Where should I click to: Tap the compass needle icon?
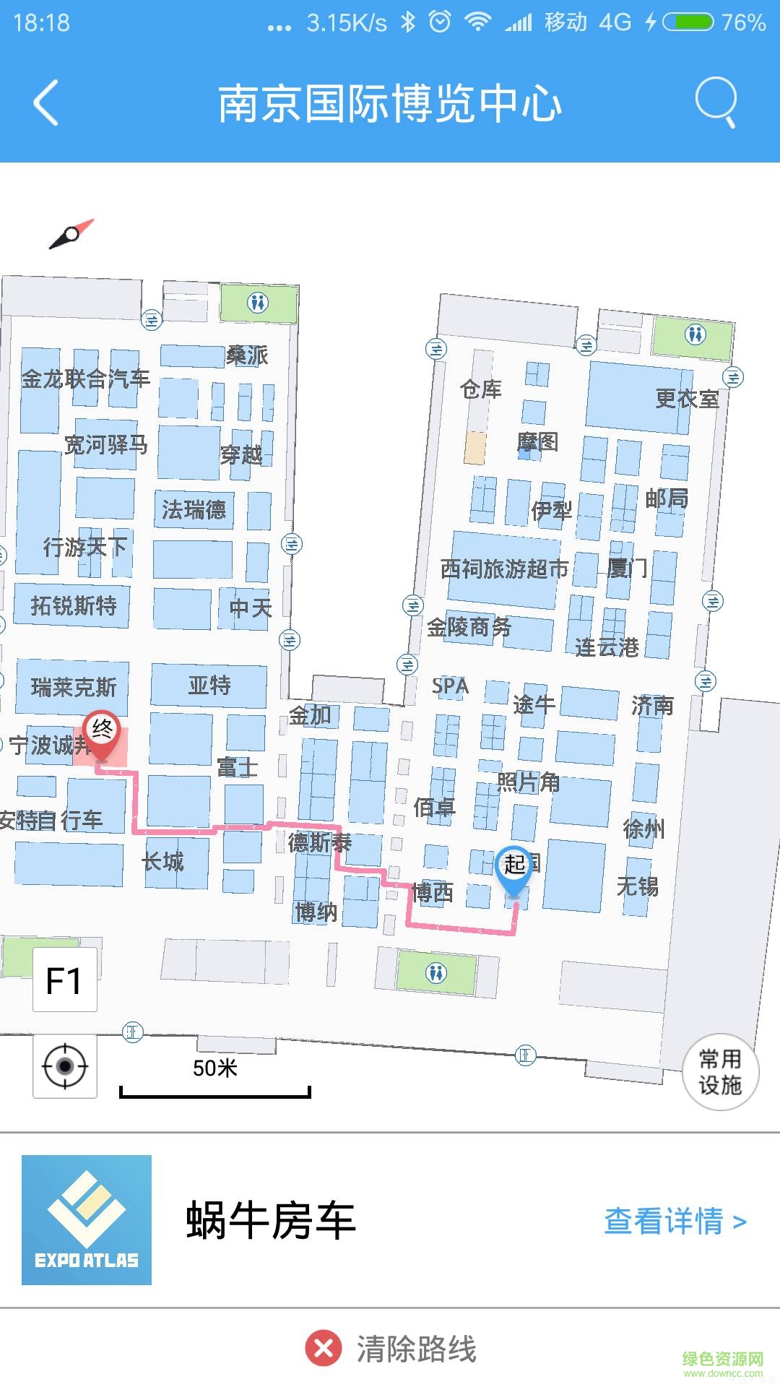71,233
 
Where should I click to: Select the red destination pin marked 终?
102,734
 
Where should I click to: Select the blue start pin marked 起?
513,868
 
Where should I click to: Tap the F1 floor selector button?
64,980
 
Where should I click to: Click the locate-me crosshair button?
65,1066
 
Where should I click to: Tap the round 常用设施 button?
720,1072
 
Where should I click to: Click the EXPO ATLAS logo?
87,1220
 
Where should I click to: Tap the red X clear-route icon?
324,1349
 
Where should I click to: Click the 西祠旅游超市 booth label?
504,569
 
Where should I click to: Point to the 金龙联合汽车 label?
85,379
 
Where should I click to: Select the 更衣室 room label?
687,399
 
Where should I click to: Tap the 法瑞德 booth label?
194,510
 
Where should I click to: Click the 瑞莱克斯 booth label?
74,687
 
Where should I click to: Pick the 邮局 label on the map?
666,498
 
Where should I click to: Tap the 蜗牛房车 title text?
271,1221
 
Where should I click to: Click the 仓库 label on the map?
481,390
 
